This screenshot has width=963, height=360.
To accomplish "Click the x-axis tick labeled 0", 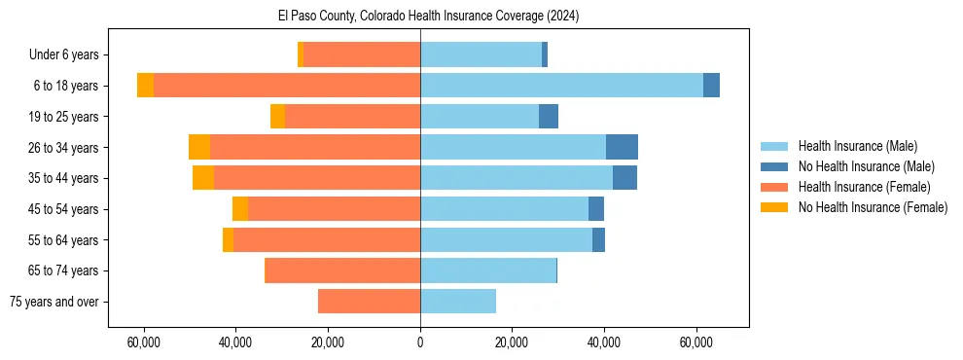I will [x=420, y=342].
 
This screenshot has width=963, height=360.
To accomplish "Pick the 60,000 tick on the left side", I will [x=144, y=342].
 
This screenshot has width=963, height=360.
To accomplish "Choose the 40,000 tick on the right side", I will [x=604, y=342].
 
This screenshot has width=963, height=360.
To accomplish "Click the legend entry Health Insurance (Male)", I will [x=857, y=146].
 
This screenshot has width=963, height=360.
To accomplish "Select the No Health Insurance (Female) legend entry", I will [x=873, y=207].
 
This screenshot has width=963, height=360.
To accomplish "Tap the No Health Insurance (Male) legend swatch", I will [x=775, y=166].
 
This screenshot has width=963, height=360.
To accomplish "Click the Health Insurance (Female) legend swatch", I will [x=775, y=187].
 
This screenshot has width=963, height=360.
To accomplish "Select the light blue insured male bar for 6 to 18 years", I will [x=561, y=86].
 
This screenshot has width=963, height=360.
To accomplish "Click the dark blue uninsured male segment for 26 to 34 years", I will [x=622, y=147].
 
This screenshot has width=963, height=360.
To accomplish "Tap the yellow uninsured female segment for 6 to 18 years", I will [x=145, y=86].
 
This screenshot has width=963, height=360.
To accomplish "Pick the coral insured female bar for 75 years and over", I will [x=369, y=302].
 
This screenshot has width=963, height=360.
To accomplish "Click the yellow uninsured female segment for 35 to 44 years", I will [x=203, y=178].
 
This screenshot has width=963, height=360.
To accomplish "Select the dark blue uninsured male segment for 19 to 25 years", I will [x=549, y=117].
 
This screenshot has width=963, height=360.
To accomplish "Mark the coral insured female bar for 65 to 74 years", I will [x=342, y=270].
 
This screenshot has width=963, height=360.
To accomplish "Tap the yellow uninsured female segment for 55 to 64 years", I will [x=228, y=239].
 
